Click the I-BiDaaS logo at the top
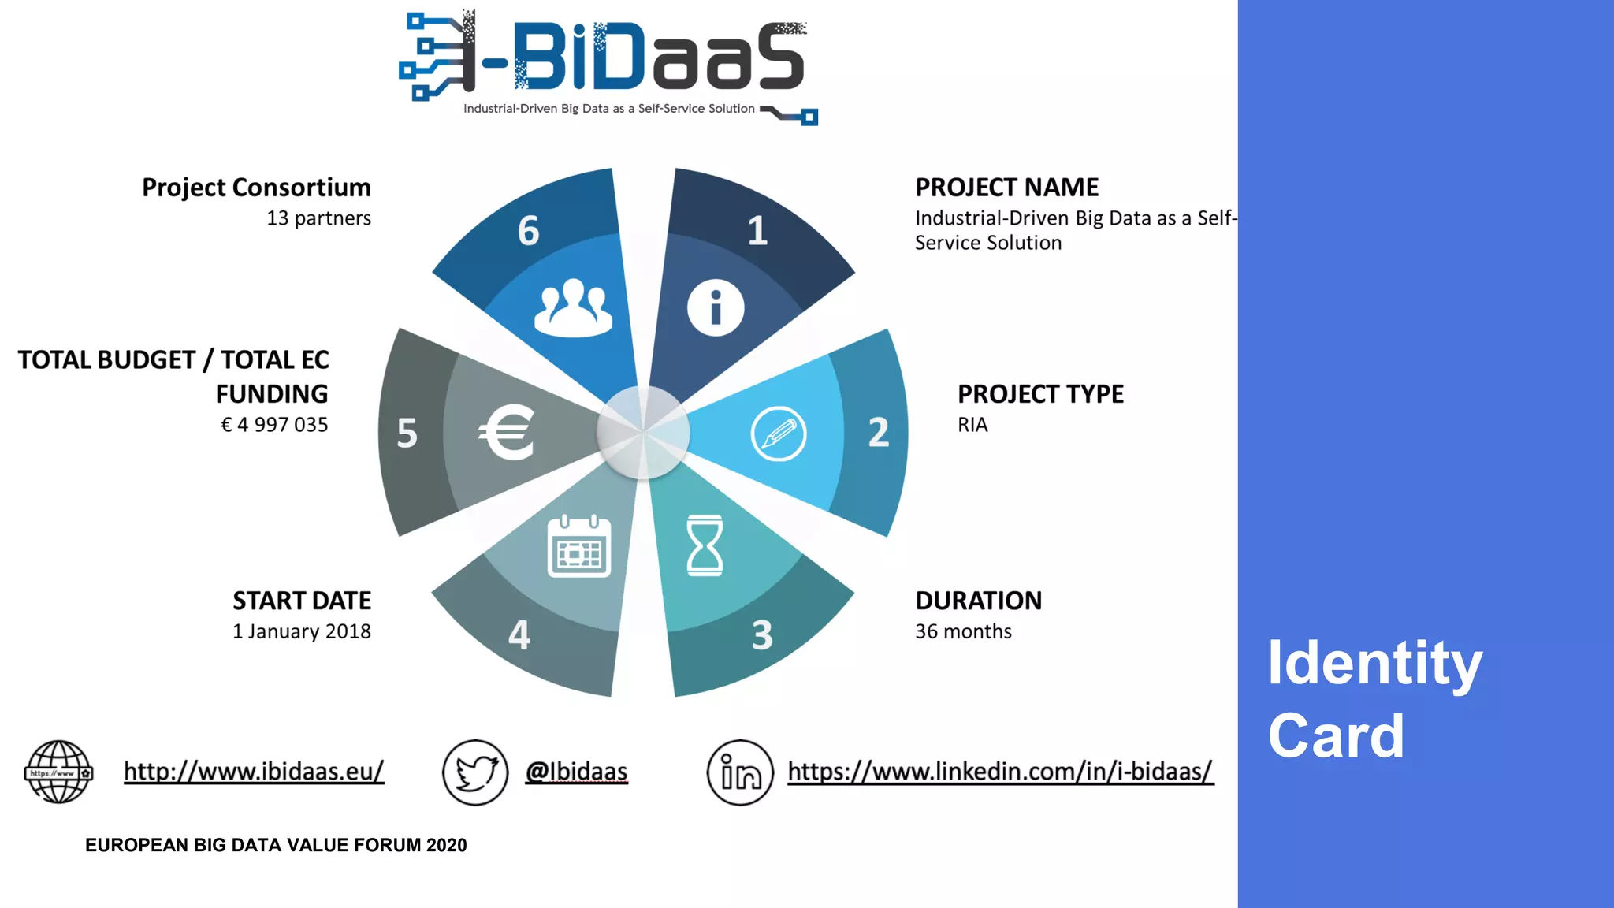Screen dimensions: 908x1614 click(608, 66)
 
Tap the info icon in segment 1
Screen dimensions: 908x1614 click(715, 308)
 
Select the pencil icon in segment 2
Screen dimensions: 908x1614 click(779, 434)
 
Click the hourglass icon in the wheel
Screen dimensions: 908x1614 click(705, 545)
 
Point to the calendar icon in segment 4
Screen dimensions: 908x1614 click(579, 546)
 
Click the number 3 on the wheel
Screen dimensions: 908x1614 click(762, 635)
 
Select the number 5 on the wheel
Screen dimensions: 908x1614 click(407, 434)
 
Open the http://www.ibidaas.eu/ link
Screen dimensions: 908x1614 click(254, 771)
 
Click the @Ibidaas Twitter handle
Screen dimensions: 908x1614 click(577, 771)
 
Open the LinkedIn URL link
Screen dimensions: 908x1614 click(1000, 771)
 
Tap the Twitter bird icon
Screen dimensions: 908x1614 click(475, 772)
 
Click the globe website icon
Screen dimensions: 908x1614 click(58, 772)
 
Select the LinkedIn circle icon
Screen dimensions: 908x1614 click(740, 772)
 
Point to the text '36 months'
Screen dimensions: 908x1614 click(963, 631)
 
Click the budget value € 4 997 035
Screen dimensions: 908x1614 click(274, 425)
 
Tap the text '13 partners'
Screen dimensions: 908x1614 click(318, 218)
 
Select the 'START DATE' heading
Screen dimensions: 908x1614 click(302, 601)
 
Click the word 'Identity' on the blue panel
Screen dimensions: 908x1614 click(1374, 664)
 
